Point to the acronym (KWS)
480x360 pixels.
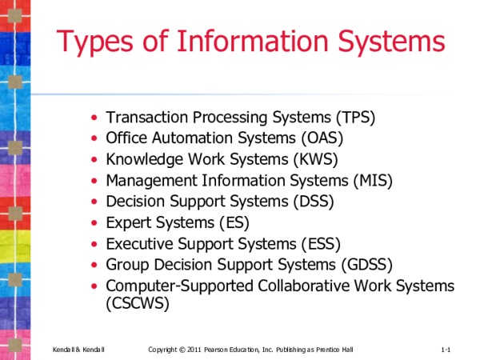[x=315, y=159]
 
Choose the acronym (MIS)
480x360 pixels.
[x=370, y=181]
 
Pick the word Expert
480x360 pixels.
[x=129, y=222]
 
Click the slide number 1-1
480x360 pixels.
[x=446, y=350]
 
